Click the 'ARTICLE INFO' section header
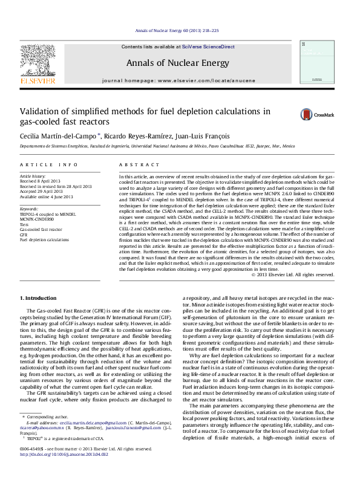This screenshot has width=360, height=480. tap(48, 165)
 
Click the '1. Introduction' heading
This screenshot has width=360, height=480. tap(39, 298)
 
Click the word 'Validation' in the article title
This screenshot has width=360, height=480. tap(39, 111)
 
